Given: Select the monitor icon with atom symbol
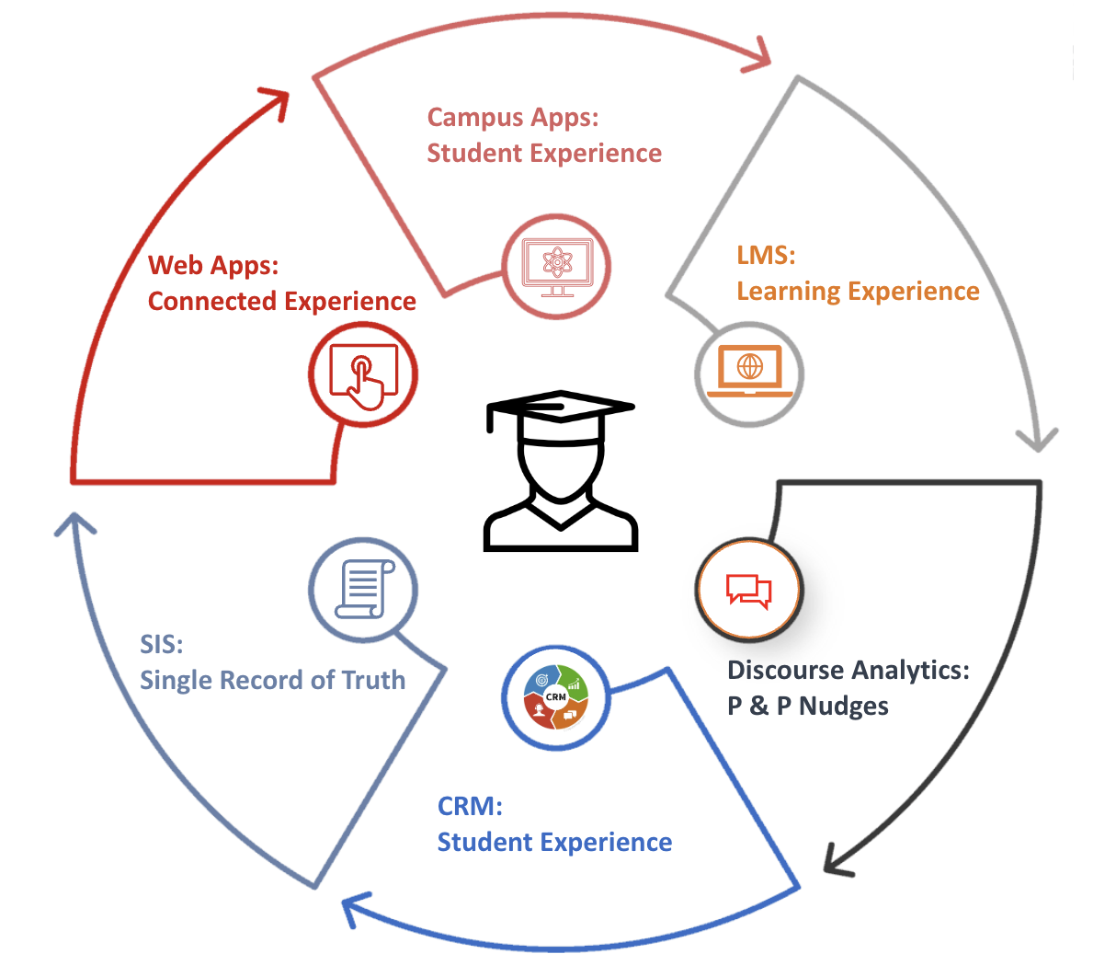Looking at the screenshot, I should [x=556, y=267].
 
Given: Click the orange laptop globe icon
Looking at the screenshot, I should [x=749, y=373].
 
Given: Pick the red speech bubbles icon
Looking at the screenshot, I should [x=749, y=590].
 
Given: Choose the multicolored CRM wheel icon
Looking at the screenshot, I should [x=555, y=696].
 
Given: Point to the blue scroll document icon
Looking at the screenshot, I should [x=363, y=590].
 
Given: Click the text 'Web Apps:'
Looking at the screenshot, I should [x=213, y=265].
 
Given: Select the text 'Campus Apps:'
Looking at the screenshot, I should [x=513, y=118].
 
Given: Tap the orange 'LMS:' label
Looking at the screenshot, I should [x=766, y=255].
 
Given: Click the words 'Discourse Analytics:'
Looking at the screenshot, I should [x=848, y=670].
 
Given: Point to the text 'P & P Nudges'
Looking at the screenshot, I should [x=808, y=706].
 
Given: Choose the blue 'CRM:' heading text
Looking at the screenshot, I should [x=470, y=806].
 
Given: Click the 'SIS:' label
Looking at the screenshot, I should [x=161, y=644].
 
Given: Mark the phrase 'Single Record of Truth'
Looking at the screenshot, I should [x=272, y=680].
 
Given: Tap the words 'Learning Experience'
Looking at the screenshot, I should [x=858, y=291].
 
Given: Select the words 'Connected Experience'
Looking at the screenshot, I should [x=281, y=301].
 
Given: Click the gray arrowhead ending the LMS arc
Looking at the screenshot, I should [x=1038, y=439].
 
